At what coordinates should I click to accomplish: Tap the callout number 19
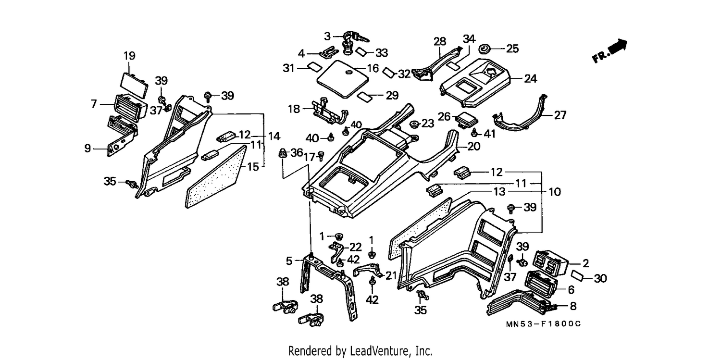[129, 56]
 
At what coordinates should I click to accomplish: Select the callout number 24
[531, 78]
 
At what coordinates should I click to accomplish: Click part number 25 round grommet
[484, 49]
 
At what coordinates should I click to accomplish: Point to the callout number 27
[560, 115]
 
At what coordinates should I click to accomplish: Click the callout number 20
[473, 147]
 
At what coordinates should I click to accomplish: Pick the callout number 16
[373, 68]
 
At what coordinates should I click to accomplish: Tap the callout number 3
[327, 36]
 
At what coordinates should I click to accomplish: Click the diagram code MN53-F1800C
[543, 324]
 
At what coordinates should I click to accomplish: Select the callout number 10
[555, 192]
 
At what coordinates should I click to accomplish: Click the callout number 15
[253, 167]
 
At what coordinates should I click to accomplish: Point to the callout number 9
[87, 149]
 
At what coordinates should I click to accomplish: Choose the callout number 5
[289, 261]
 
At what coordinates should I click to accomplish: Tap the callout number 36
[297, 152]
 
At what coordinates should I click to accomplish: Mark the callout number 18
[294, 109]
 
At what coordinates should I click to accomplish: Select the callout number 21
[391, 275]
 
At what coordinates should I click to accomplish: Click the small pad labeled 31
[314, 67]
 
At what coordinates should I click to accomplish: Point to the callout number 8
[573, 306]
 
